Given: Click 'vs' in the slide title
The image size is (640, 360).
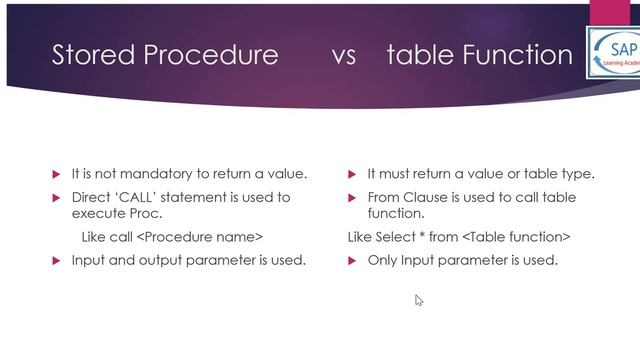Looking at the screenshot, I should click(x=343, y=56).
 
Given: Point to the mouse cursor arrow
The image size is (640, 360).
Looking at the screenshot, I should click(x=419, y=300).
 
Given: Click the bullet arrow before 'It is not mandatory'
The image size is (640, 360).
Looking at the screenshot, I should click(x=56, y=175).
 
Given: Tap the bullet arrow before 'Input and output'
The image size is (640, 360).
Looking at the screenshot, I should click(x=56, y=261).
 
